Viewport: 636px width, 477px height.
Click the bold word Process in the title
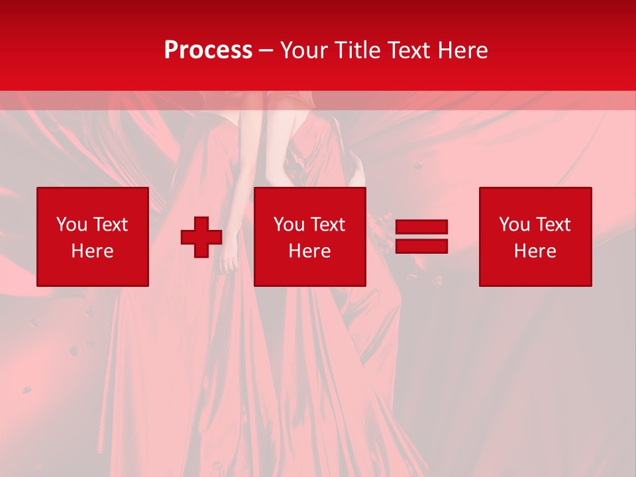[x=208, y=50]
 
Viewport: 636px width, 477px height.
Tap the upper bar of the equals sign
[x=421, y=227]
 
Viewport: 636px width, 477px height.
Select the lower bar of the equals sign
[x=421, y=246]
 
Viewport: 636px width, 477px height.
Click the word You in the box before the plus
[x=72, y=225]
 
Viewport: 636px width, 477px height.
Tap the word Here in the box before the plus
[x=92, y=251]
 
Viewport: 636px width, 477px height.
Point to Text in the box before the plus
[x=110, y=225]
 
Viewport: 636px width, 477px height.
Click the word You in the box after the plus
[x=289, y=225]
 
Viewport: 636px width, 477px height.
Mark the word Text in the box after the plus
[x=327, y=225]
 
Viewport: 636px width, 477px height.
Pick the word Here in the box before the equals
[x=309, y=251]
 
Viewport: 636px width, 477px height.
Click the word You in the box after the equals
[x=514, y=225]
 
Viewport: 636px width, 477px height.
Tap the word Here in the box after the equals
[x=535, y=251]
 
